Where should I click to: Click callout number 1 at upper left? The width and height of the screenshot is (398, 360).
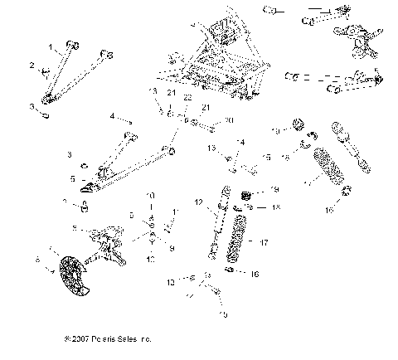[x=51, y=46]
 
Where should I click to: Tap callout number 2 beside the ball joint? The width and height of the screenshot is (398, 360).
[x=32, y=65]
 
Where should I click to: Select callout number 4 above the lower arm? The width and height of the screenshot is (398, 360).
[x=112, y=118]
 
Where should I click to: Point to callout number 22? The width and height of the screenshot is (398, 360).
[x=187, y=99]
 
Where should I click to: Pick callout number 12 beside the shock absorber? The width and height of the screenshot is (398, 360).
[x=198, y=202]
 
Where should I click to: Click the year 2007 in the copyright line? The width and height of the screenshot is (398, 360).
[x=85, y=339]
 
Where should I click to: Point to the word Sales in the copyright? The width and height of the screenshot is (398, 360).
[x=138, y=339]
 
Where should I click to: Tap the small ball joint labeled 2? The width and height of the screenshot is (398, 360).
[x=48, y=66]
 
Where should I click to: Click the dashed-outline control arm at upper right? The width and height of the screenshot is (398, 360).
[x=332, y=81]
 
